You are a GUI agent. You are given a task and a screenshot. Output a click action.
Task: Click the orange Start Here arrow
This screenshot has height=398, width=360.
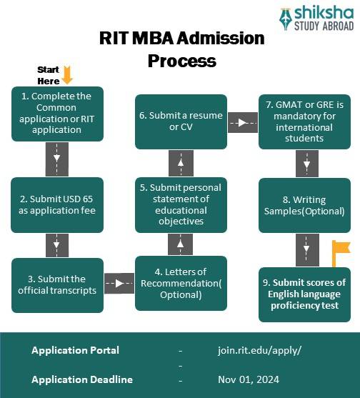(x=67, y=74)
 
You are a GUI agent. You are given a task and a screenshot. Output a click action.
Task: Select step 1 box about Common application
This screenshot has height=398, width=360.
(x=57, y=113)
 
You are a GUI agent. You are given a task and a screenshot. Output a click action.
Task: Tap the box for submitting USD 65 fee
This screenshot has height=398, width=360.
(x=57, y=204)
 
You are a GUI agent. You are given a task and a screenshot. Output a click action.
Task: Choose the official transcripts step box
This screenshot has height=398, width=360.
(x=57, y=284)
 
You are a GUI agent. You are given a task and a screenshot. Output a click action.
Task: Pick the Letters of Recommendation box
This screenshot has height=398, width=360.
(x=181, y=283)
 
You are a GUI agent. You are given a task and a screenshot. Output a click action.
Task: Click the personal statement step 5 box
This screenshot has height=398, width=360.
(x=181, y=204)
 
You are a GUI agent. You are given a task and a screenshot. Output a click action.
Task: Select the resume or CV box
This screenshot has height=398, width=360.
(x=181, y=121)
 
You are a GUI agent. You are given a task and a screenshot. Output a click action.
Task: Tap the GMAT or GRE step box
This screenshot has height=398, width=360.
(x=305, y=121)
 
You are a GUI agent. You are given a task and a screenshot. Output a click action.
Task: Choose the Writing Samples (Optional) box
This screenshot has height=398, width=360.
(x=305, y=204)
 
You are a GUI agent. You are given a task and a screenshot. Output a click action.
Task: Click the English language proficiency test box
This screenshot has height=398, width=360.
(x=305, y=294)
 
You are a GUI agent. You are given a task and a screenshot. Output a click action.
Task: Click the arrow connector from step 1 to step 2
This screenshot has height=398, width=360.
(x=57, y=159)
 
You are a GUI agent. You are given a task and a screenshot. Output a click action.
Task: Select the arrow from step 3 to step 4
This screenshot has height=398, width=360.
(x=119, y=283)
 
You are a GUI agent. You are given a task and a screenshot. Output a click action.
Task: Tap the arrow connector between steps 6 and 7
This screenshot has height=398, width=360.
(x=243, y=122)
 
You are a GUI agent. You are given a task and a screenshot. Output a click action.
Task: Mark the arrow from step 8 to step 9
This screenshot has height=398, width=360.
(x=306, y=250)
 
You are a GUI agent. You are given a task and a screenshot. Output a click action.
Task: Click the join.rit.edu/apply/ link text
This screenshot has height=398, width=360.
(x=259, y=350)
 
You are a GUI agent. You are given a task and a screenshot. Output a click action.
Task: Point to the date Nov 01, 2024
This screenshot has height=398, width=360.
(x=248, y=379)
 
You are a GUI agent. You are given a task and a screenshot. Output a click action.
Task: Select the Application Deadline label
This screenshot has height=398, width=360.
(x=81, y=379)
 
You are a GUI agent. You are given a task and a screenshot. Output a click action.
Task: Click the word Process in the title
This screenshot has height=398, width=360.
(x=181, y=60)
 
